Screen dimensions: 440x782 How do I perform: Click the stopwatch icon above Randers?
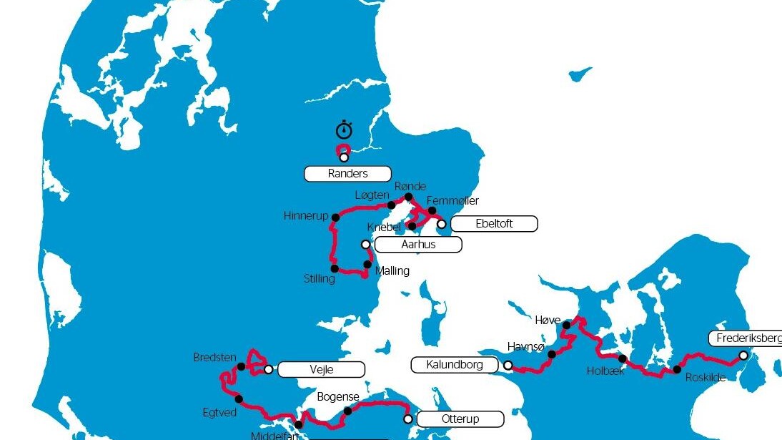[345, 129]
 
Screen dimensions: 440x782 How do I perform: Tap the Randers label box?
[347, 173]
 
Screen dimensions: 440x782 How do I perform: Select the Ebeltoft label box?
[494, 224]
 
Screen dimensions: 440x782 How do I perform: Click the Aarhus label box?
[418, 245]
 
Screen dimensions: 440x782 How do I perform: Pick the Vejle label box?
[321, 370]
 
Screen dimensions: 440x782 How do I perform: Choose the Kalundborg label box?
[455, 365]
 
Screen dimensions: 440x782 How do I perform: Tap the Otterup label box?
[460, 419]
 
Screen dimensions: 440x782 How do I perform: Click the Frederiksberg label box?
[746, 338]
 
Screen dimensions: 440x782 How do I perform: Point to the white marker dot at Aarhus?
[366, 244]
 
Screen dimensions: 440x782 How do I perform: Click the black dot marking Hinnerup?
[336, 217]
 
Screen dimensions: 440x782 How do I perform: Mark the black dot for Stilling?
[335, 269]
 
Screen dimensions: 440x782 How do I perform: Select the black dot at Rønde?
[408, 197]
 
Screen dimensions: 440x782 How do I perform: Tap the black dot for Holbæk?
[623, 358]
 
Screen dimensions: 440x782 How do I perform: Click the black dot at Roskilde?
[677, 370]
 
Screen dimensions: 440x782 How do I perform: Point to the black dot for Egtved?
[239, 399]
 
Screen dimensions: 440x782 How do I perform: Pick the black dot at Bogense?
[347, 411]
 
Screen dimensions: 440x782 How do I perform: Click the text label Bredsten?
[214, 357]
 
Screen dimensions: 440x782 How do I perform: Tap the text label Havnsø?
[526, 346]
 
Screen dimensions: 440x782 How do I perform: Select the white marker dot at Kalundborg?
[508, 365]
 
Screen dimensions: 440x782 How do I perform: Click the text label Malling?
[392, 270]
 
